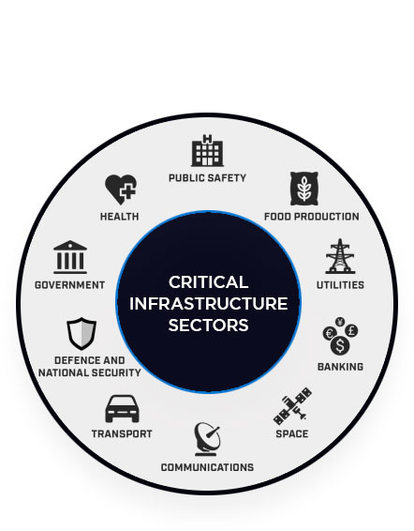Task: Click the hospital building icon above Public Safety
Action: pyautogui.click(x=207, y=151)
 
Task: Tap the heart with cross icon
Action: pyautogui.click(x=121, y=190)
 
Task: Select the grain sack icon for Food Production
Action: pyautogui.click(x=304, y=189)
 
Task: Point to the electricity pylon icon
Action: pyautogui.click(x=340, y=256)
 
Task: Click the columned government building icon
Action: pyautogui.click(x=70, y=257)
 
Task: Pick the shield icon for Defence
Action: pyautogui.click(x=81, y=334)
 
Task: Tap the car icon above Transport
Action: pyautogui.click(x=122, y=409)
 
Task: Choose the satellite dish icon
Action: pyautogui.click(x=207, y=439)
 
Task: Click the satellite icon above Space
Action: pyautogui.click(x=292, y=406)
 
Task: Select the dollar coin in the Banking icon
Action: pyautogui.click(x=340, y=345)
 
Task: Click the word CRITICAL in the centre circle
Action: pyautogui.click(x=208, y=282)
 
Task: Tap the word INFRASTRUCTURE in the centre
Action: pyautogui.click(x=208, y=303)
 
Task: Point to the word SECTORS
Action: pyautogui.click(x=208, y=325)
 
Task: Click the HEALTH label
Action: pyautogui.click(x=120, y=217)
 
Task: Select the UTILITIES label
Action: pyautogui.click(x=340, y=285)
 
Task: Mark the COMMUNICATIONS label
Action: pyautogui.click(x=207, y=467)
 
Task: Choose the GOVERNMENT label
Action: pyautogui.click(x=70, y=285)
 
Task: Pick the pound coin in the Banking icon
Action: pyautogui.click(x=351, y=330)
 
